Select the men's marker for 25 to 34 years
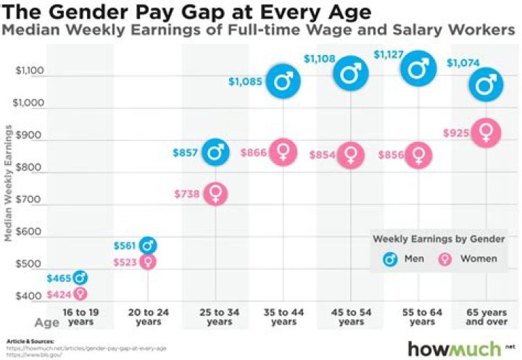pos(215,151)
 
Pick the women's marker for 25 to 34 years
pos(215,193)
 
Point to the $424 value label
pos(58,294)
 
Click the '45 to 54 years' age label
pos(352,316)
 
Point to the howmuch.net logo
pos(457,348)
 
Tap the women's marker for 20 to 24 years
pos(148,261)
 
